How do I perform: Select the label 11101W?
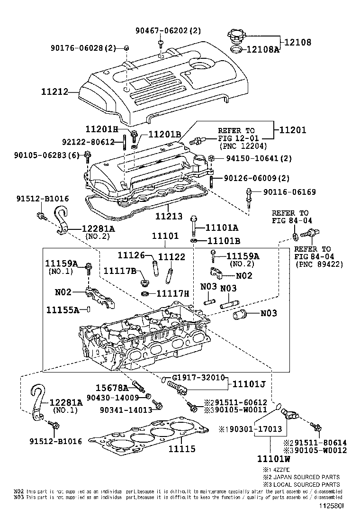click(274, 459)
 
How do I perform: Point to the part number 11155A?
click(63, 310)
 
